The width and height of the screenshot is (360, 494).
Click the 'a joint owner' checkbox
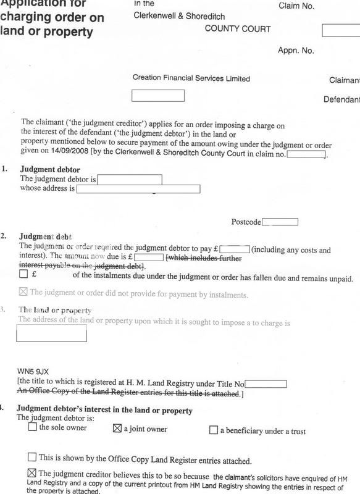point(117,429)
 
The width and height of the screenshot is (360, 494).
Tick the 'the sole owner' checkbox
point(33,429)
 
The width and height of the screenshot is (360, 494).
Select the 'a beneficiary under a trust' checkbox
point(214,430)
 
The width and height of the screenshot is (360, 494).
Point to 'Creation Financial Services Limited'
point(191,79)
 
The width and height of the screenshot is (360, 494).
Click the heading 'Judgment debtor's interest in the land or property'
point(104,410)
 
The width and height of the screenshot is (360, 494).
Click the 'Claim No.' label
point(297,6)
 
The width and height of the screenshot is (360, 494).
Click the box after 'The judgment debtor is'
point(130,179)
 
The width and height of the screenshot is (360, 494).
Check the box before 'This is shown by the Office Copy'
point(33,457)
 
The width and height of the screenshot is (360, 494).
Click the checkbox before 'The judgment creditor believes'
point(33,473)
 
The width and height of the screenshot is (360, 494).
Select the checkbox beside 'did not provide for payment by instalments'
point(24,294)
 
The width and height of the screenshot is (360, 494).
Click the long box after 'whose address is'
point(138,188)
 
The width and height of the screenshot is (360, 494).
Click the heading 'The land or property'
point(55,310)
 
